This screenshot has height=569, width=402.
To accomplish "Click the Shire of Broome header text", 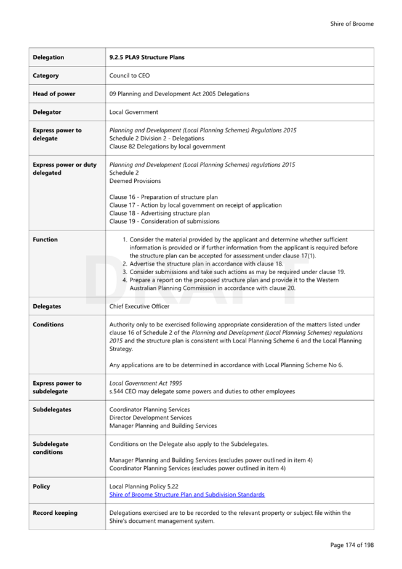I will (x=352, y=24).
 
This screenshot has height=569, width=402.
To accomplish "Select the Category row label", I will (x=46, y=76).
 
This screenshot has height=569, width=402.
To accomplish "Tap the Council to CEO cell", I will (x=129, y=76).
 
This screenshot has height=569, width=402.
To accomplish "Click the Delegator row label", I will (x=47, y=112).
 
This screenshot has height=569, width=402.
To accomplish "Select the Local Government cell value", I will (x=134, y=112).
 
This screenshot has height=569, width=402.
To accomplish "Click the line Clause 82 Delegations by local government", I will (x=167, y=147).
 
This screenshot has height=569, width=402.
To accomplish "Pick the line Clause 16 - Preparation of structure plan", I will (x=163, y=197).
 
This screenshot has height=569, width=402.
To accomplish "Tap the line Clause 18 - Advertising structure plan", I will (x=159, y=213).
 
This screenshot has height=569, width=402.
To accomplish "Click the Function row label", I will (x=45, y=240).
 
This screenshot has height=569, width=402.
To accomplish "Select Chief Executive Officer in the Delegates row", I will (x=139, y=306).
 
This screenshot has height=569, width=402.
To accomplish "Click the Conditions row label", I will (x=48, y=325).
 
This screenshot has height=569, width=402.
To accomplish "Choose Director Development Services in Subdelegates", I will (x=150, y=418).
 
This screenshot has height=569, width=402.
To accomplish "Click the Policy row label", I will (x=41, y=486).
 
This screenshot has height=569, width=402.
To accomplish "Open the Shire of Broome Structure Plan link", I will (x=187, y=494).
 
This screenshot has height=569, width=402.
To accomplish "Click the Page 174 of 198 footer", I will (x=352, y=545).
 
